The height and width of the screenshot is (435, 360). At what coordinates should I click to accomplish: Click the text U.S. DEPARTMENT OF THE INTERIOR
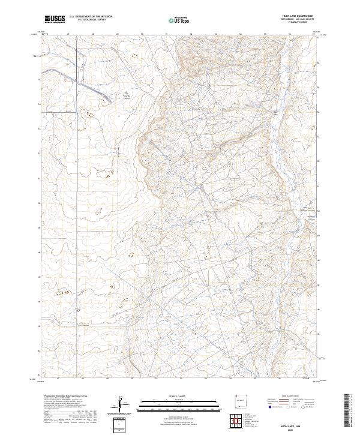coord(91,17)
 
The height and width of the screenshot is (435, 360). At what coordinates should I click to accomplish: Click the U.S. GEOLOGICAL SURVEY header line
coord(88,20)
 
